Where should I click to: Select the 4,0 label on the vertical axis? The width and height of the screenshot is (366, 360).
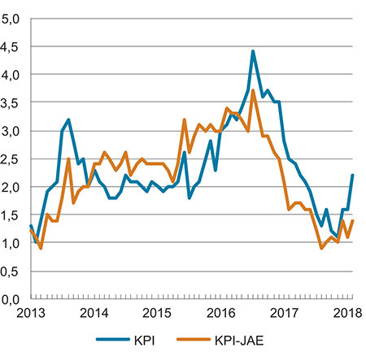coord(11,74)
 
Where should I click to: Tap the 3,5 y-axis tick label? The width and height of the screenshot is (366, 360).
coord(11,102)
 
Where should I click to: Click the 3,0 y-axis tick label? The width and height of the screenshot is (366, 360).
coord(11,130)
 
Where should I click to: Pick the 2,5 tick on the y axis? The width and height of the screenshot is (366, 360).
coord(11,158)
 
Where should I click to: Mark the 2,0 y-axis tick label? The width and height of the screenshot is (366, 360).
coord(11,187)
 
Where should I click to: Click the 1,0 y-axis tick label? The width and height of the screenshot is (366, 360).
coord(11,243)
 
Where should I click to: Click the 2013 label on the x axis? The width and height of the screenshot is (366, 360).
coord(30,313)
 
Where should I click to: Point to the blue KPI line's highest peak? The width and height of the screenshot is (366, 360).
coord(253,51)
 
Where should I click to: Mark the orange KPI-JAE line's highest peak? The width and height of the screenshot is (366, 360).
coord(253,90)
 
